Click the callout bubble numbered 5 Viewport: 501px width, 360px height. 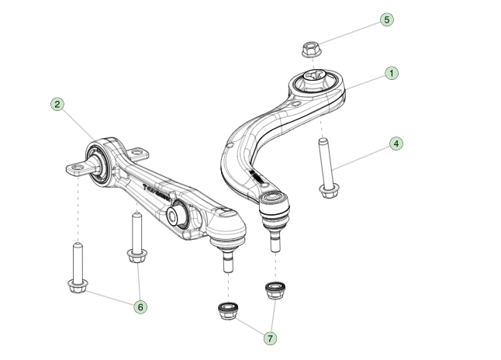(x=387, y=20)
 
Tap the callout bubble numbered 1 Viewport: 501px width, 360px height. (x=392, y=74)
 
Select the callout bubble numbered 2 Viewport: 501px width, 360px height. (x=57, y=104)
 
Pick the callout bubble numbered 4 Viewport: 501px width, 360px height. (x=396, y=144)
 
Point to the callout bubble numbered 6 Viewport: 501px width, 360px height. (x=140, y=307)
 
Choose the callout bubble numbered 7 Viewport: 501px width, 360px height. (x=271, y=338)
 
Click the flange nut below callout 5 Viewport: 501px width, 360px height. (x=312, y=50)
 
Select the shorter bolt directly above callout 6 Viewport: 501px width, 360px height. (x=137, y=237)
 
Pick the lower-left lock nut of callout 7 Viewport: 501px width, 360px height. (x=228, y=311)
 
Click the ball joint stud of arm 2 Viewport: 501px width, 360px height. (x=227, y=260)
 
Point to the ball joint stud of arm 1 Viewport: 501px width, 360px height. (x=275, y=242)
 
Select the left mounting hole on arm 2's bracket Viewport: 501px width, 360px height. (x=76, y=167)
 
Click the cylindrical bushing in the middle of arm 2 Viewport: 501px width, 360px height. (x=177, y=213)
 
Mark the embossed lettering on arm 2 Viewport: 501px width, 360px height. (x=157, y=193)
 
